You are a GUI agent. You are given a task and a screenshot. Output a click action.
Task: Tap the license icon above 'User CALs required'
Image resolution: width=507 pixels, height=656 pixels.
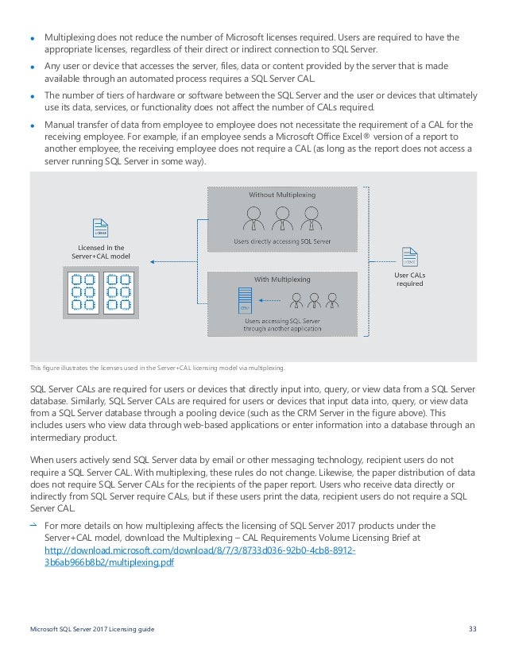click(410, 258)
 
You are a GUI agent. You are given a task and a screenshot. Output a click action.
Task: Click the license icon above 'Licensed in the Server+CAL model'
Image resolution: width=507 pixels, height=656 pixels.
click(101, 226)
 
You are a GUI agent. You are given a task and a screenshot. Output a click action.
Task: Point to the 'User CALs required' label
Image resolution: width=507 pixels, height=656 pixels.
click(409, 280)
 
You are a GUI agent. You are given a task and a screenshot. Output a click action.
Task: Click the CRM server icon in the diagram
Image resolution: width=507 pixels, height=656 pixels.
click(246, 301)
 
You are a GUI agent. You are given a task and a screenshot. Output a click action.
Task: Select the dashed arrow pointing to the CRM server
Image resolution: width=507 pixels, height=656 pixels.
click(272, 300)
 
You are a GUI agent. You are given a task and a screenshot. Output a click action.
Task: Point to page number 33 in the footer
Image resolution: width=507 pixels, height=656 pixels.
click(473, 630)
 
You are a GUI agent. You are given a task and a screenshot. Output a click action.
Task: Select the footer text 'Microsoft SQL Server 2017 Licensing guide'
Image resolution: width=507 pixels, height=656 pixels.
click(92, 630)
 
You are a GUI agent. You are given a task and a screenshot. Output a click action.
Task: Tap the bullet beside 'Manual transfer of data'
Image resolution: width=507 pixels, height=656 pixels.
click(33, 125)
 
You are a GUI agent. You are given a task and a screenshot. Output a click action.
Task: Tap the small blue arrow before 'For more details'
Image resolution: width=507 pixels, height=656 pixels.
click(33, 525)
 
